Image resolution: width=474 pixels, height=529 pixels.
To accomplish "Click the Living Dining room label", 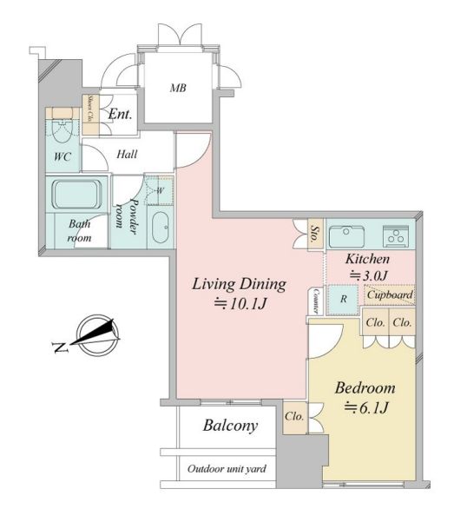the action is [240, 284].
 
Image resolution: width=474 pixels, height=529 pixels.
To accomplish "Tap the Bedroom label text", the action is [365, 388].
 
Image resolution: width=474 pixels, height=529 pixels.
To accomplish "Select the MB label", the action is [178, 88].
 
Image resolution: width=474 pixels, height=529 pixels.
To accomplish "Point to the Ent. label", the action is [120, 115].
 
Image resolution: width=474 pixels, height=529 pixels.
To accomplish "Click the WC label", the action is [63, 157].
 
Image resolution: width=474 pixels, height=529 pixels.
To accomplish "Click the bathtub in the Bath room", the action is [77, 195].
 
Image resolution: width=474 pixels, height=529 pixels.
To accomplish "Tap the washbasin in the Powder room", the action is [161, 228].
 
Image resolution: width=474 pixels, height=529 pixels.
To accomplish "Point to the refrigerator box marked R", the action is [343, 299].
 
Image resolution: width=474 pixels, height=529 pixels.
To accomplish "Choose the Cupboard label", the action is [390, 294].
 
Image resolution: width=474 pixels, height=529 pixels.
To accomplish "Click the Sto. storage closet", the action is [315, 235].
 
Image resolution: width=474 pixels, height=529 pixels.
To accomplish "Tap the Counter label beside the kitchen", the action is [316, 301].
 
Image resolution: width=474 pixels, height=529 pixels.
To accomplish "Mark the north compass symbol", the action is [95, 335].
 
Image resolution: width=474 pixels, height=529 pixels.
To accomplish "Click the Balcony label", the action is [231, 426].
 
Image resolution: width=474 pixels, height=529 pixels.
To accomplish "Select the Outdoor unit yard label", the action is [227, 468].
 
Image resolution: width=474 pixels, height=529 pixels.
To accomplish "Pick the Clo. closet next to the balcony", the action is [295, 417].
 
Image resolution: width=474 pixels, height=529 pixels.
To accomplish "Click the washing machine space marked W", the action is [160, 190].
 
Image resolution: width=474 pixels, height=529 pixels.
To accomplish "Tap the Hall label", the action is [127, 155].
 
